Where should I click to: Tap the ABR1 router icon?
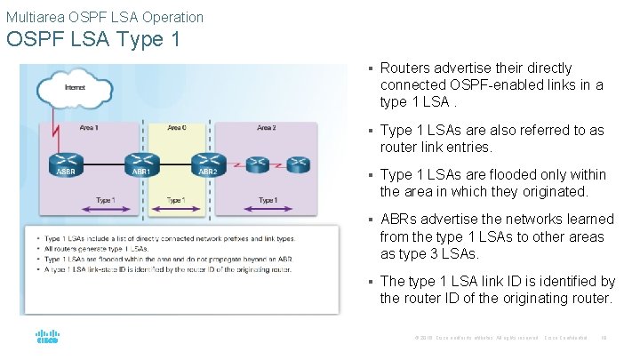tap(140, 164)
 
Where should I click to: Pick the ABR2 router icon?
tap(207, 164)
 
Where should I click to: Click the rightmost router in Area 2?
tap(298, 164)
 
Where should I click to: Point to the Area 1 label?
tap(89, 128)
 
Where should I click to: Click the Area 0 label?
tap(176, 128)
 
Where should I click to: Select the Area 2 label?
tap(266, 128)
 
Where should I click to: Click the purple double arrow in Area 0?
tap(176, 211)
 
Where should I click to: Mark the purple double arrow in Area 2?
tap(266, 211)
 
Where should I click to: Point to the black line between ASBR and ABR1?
tap(103, 165)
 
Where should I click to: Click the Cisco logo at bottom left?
tap(47, 337)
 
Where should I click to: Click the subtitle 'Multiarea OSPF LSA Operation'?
tap(105, 17)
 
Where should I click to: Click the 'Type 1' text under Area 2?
tap(266, 201)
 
